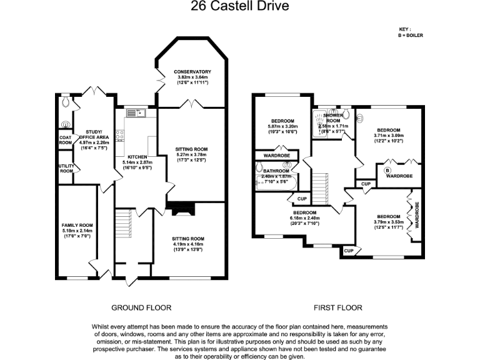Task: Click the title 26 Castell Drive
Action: [240, 7]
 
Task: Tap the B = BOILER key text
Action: [411, 36]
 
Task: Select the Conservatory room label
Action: [192, 72]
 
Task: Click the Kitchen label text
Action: [137, 157]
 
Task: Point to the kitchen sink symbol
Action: [134, 112]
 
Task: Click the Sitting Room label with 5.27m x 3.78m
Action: [191, 149]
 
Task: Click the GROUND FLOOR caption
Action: [141, 308]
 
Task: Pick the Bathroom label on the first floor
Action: [276, 171]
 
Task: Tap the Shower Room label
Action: [332, 117]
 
